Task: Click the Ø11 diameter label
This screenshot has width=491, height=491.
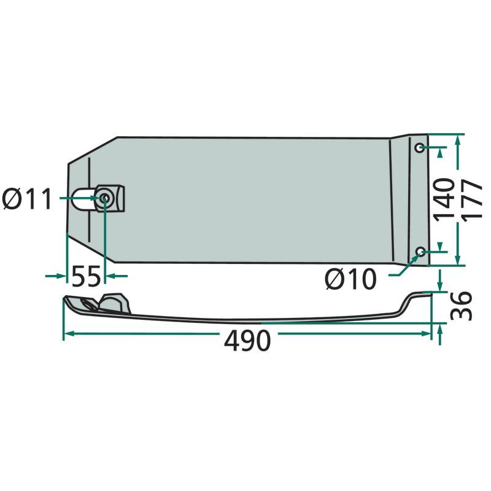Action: click(27, 199)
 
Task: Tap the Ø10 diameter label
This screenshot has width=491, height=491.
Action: click(350, 279)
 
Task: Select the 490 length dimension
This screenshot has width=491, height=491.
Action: click(247, 341)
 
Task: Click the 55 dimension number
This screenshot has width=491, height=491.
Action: click(86, 276)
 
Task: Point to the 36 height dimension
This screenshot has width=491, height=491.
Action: click(461, 306)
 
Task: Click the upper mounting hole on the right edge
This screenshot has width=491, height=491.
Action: click(420, 147)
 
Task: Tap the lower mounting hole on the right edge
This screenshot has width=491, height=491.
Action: click(420, 251)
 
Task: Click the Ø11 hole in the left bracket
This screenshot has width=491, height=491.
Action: click(104, 198)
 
